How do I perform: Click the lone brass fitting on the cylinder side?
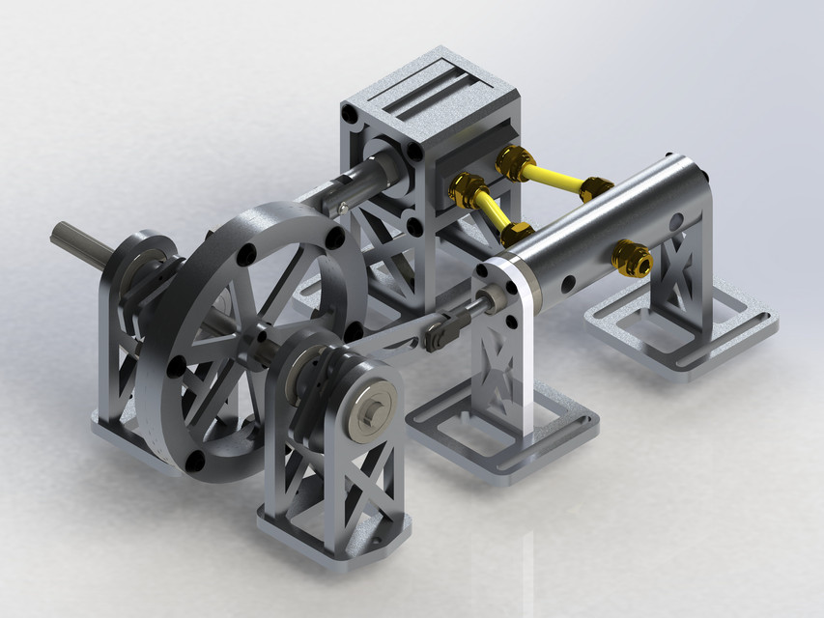tap(634, 257)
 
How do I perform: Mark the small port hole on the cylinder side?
tap(569, 284)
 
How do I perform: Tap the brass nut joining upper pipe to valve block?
tap(512, 160)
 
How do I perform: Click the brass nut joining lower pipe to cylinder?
tap(517, 233)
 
